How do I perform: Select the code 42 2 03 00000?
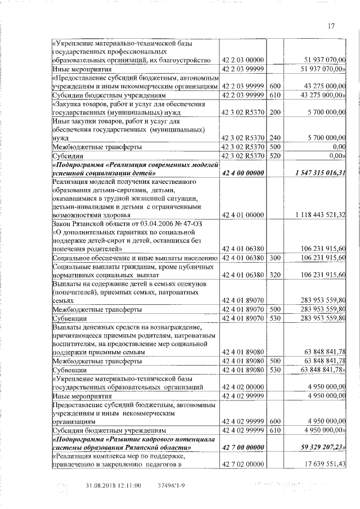pos(243,60)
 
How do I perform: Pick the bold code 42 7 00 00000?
pos(243,447)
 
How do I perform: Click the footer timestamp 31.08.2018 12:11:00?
pos(113,485)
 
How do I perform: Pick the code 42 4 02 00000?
pos(243,387)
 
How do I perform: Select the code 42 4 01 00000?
pos(243,215)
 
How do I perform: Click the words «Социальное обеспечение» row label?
pos(90,258)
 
